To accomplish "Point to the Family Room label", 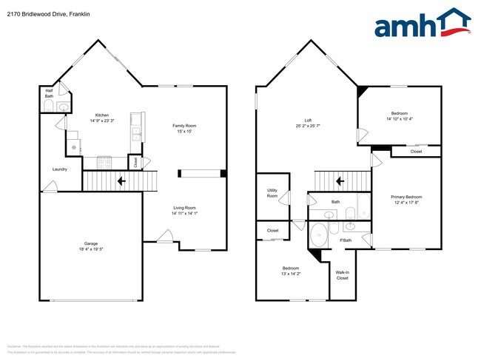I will [184, 126].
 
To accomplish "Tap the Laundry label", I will [60, 169].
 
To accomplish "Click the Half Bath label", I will [49, 93].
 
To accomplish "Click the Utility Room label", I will [272, 193].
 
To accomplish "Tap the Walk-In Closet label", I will [342, 275].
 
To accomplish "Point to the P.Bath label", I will [346, 240].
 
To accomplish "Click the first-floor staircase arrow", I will [120, 180].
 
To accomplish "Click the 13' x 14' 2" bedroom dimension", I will [290, 274].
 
